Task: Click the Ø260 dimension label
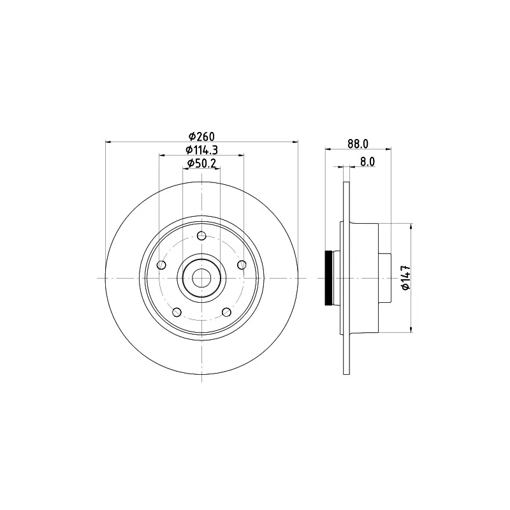pos(201,136)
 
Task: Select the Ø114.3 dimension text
pos(201,150)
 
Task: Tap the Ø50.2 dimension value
pos(201,163)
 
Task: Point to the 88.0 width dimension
pos(358,144)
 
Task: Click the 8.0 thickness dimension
pos(368,162)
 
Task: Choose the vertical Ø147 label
pos(406,277)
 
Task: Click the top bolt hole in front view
pos(201,235)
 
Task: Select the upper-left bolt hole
pos(161,265)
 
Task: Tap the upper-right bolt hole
pos(242,265)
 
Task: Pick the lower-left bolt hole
pos(177,312)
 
